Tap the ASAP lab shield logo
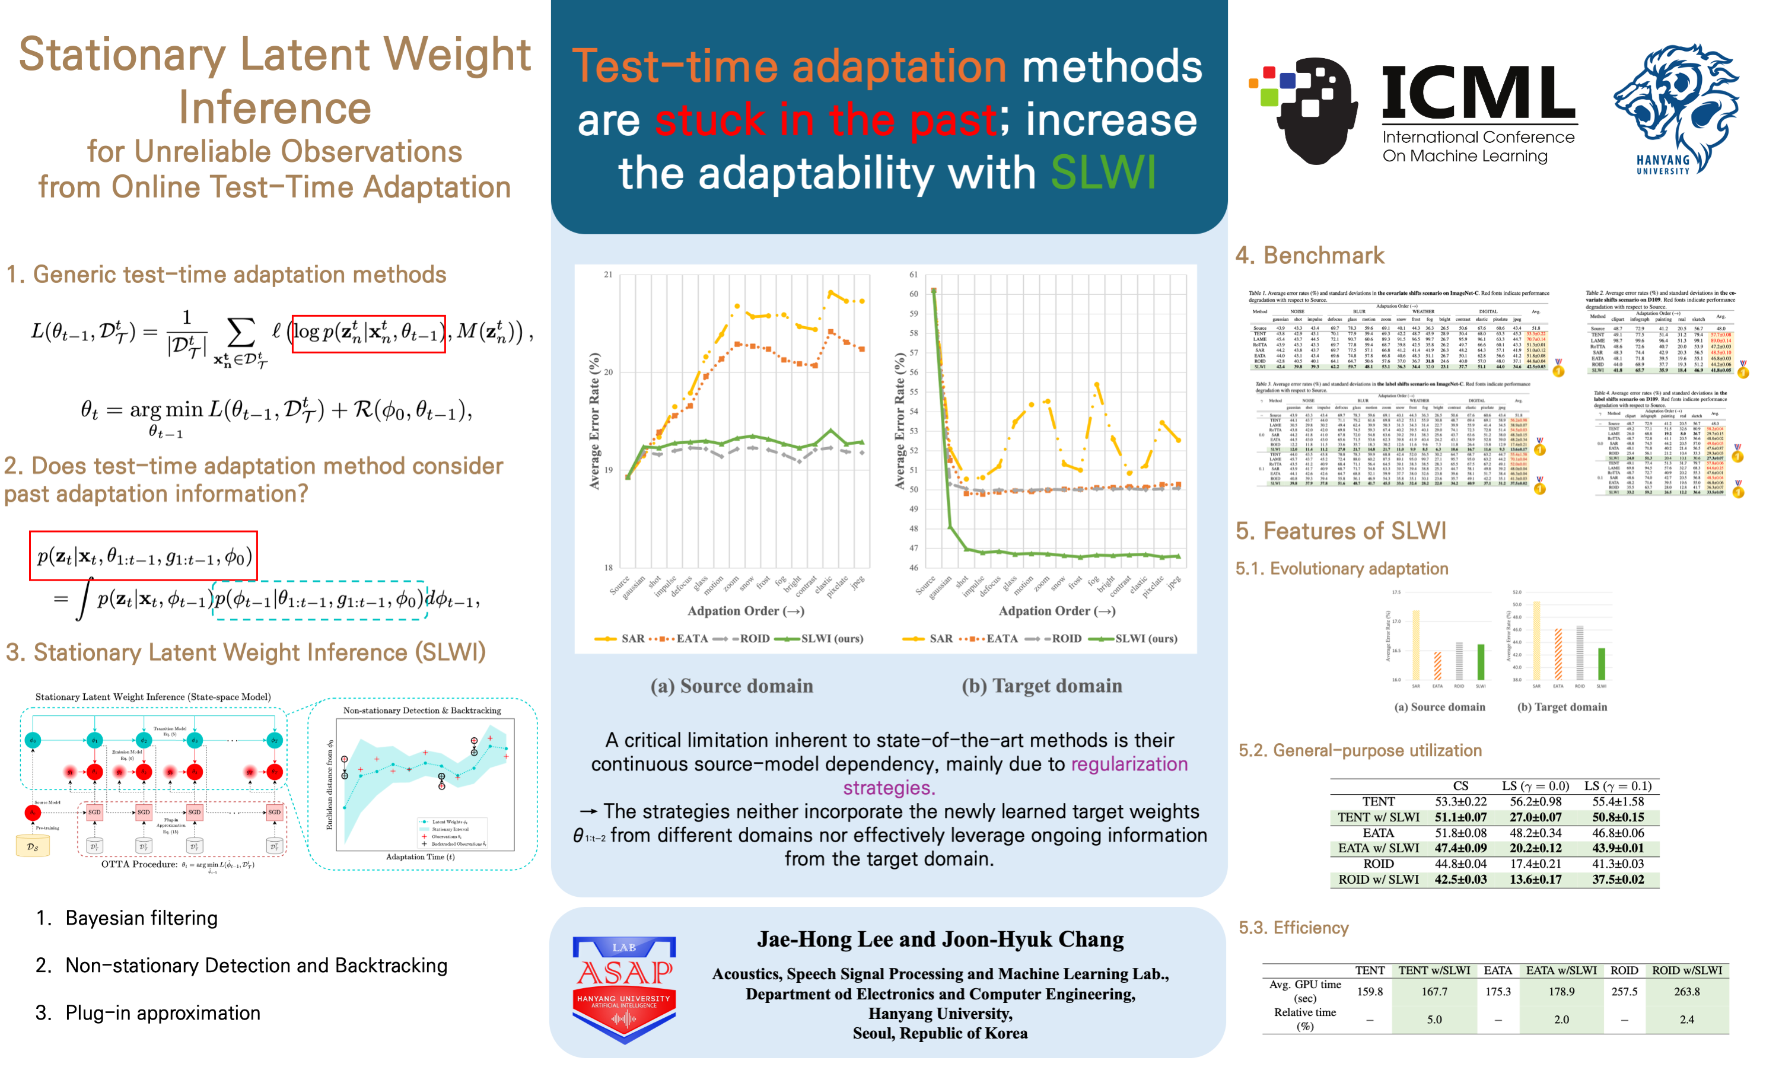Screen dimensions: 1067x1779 click(623, 989)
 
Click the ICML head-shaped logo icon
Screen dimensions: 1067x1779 click(1305, 108)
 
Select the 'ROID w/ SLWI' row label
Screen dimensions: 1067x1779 click(1378, 880)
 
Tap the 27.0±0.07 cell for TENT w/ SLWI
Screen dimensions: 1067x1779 click(1535, 817)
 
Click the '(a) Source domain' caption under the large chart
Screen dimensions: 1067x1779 click(731, 686)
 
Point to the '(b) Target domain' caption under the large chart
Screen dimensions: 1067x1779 click(1041, 686)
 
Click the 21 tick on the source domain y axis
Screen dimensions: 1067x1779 click(609, 275)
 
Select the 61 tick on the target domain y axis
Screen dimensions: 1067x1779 click(914, 275)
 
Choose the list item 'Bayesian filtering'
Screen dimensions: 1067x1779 click(141, 918)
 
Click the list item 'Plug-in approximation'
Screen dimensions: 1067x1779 click(163, 1013)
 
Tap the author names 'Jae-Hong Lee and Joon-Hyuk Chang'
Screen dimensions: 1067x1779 click(940, 939)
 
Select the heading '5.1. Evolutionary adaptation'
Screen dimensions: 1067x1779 click(1341, 569)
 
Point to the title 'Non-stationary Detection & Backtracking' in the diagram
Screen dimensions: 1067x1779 click(422, 711)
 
